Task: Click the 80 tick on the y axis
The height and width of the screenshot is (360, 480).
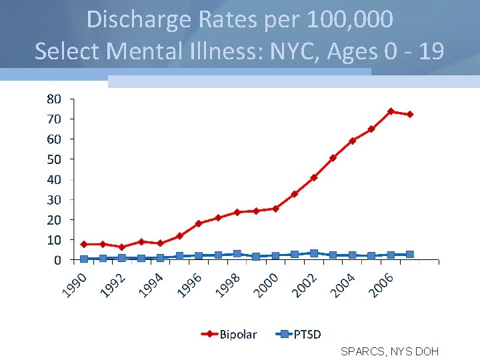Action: pos(54,99)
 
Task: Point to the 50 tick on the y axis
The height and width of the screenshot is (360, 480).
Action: pos(54,159)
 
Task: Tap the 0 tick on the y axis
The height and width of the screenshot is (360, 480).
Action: pos(58,259)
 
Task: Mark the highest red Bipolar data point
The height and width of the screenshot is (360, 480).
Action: pos(391,111)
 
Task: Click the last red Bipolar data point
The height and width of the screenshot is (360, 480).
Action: pos(410,114)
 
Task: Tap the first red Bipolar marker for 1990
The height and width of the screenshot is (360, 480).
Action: pos(83,244)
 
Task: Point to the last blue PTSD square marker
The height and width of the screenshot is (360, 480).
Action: pos(410,254)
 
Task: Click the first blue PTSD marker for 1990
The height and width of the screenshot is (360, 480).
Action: pos(83,259)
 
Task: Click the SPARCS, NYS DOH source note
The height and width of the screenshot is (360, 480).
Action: pos(389,351)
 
